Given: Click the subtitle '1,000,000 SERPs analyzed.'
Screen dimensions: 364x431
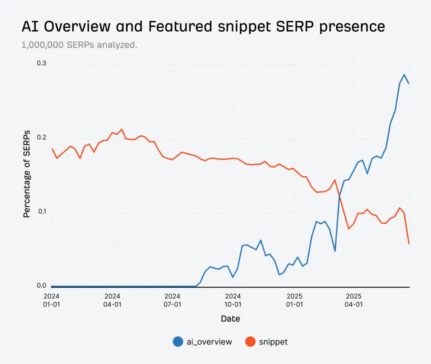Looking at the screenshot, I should click(x=79, y=45).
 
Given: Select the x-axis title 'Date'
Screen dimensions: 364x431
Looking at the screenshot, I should click(x=230, y=319).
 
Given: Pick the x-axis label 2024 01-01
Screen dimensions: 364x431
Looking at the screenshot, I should click(x=51, y=300).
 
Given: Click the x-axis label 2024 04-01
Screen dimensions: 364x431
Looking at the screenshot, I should click(x=112, y=300).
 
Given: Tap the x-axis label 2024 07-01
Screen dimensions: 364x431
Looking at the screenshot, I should click(x=173, y=300).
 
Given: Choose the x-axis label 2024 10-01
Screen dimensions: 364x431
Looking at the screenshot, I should click(x=233, y=300).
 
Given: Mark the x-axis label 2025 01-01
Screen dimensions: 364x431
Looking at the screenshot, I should click(x=294, y=300).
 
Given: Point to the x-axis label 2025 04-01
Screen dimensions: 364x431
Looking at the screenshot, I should click(x=354, y=300).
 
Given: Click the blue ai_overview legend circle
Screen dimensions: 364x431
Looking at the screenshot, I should click(x=178, y=342).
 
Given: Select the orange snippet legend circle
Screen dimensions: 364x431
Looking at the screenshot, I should click(x=250, y=342).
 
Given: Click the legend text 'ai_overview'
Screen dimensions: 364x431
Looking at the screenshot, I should click(x=209, y=342).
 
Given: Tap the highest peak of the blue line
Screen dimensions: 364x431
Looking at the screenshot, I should click(x=404, y=75).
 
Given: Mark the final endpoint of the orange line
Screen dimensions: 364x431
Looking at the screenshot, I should click(x=409, y=244).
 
